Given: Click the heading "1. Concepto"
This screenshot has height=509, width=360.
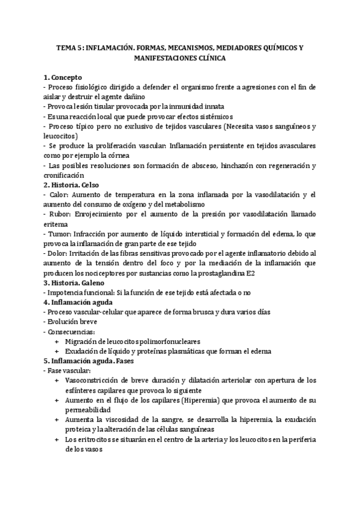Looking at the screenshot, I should point(67,77).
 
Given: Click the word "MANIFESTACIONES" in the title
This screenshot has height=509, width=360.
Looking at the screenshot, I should point(169,60).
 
